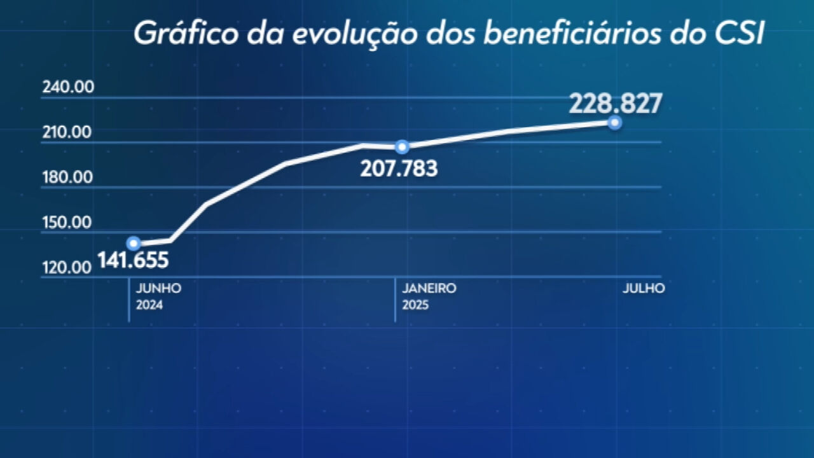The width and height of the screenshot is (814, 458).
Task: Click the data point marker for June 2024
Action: (x=134, y=243)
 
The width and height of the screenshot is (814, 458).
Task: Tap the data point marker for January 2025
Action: (x=402, y=147)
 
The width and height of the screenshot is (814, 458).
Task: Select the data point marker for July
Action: (x=614, y=123)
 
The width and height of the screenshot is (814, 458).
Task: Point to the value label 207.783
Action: (x=399, y=169)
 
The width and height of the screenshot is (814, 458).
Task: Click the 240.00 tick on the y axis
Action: (x=68, y=87)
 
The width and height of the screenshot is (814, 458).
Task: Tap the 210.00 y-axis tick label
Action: (x=67, y=132)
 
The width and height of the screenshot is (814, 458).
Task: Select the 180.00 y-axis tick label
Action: (x=67, y=177)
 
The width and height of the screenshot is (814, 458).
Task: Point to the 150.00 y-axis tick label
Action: (x=67, y=223)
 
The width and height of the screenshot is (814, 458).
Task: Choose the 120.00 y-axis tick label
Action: (x=67, y=267)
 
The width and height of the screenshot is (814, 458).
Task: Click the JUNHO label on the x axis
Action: (x=158, y=288)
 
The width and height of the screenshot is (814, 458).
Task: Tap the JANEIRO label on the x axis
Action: (x=429, y=288)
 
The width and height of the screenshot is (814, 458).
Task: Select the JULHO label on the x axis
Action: (x=644, y=288)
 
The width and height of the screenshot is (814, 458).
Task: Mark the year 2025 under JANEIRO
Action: (x=415, y=305)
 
